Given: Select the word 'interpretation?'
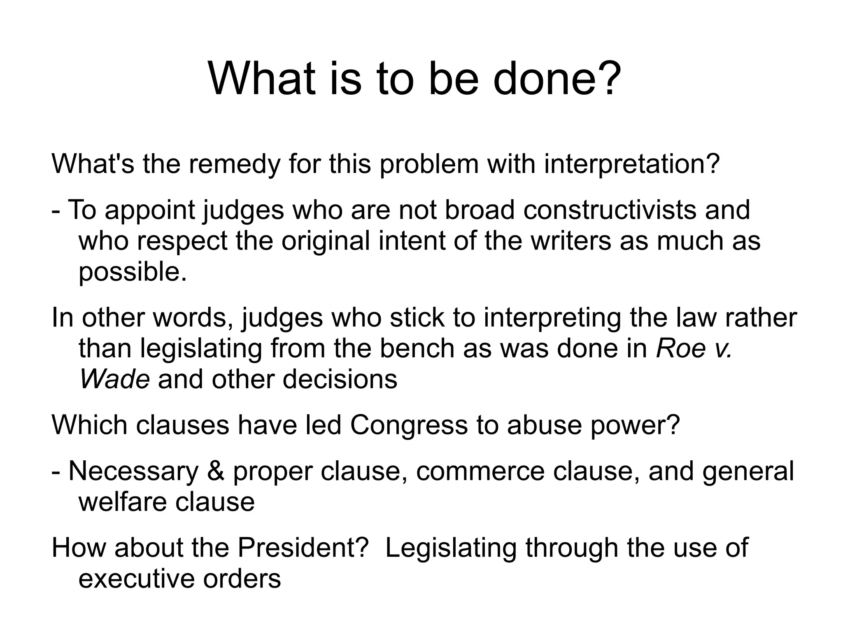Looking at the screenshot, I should pyautogui.click(x=632, y=164).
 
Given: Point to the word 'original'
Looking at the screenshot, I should pyautogui.click(x=326, y=241).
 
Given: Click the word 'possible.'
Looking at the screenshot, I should pyautogui.click(x=133, y=273).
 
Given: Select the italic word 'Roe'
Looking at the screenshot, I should pyautogui.click(x=680, y=348).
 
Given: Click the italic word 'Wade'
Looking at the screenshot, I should pyautogui.click(x=114, y=379).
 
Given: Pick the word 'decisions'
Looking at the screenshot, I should pyautogui.click(x=340, y=379).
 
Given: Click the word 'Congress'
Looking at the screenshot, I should pyautogui.click(x=409, y=425).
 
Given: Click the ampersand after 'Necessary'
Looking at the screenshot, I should pyautogui.click(x=216, y=471).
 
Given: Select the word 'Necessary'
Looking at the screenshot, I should pyautogui.click(x=133, y=471).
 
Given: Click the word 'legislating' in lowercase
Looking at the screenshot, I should pyautogui.click(x=201, y=348).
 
